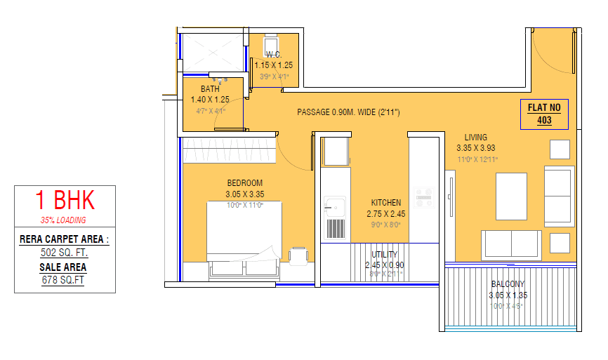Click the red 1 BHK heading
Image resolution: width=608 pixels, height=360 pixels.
click(x=65, y=201)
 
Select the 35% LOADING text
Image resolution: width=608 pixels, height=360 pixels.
click(x=65, y=220)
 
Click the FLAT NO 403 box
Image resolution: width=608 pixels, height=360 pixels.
click(x=545, y=114)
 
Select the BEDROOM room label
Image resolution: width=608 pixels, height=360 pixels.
click(x=244, y=183)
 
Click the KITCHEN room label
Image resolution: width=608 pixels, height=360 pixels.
click(x=386, y=203)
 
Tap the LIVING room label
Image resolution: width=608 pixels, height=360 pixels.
click(x=475, y=138)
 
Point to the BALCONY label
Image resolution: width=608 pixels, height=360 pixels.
click(x=508, y=284)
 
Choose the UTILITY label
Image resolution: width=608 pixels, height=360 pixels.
click(x=384, y=255)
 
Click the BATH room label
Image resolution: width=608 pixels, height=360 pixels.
click(x=210, y=89)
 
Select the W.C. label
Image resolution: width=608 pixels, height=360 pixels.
click(x=273, y=55)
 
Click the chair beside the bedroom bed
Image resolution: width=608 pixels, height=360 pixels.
click(x=298, y=255)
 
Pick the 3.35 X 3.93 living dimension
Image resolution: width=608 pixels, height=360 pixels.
click(x=475, y=148)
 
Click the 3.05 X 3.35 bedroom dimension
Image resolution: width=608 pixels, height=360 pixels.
click(x=244, y=194)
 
